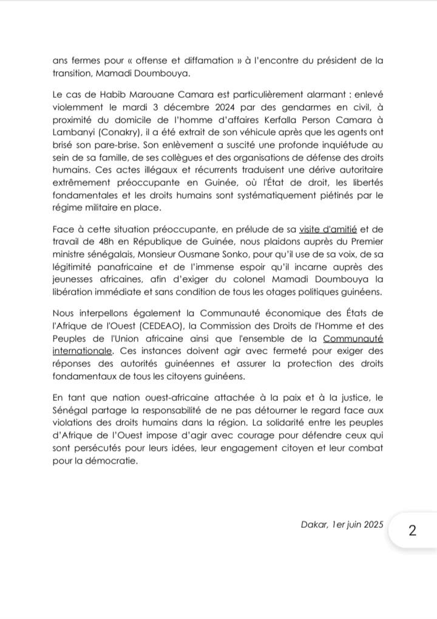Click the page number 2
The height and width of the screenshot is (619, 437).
pyautogui.click(x=412, y=530)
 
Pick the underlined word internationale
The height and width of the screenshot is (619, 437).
pyautogui.click(x=81, y=351)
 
